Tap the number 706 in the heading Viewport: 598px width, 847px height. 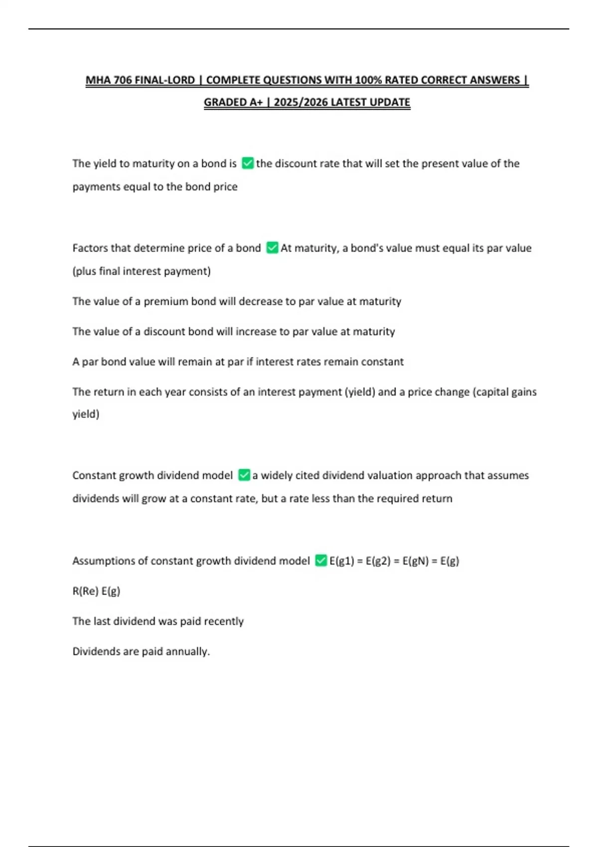[123, 80]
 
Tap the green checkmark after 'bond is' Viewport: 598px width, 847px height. [247, 163]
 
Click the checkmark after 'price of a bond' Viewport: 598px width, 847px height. [272, 248]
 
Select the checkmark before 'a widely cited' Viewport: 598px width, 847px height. [244, 475]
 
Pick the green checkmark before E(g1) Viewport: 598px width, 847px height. [321, 561]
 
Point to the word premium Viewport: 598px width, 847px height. [164, 301]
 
